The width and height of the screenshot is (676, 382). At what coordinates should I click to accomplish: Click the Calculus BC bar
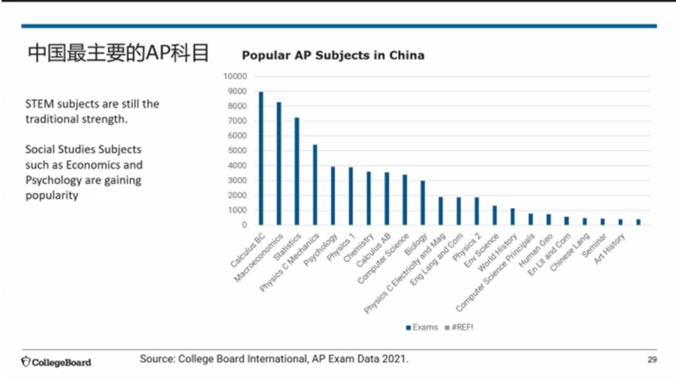point(261,158)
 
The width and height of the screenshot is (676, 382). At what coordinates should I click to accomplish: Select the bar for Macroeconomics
point(279,163)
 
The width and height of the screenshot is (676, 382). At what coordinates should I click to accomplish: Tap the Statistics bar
point(297,171)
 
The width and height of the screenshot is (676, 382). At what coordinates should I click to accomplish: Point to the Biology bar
point(423,202)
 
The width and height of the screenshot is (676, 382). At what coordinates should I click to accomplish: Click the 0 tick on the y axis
point(244,225)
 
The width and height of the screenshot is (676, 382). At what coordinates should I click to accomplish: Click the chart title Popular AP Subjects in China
point(333,55)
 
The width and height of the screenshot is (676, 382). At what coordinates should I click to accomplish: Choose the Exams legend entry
point(421,327)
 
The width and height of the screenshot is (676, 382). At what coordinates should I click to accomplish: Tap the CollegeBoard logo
point(56,362)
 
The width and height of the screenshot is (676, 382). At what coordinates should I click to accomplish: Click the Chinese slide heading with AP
point(118,53)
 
